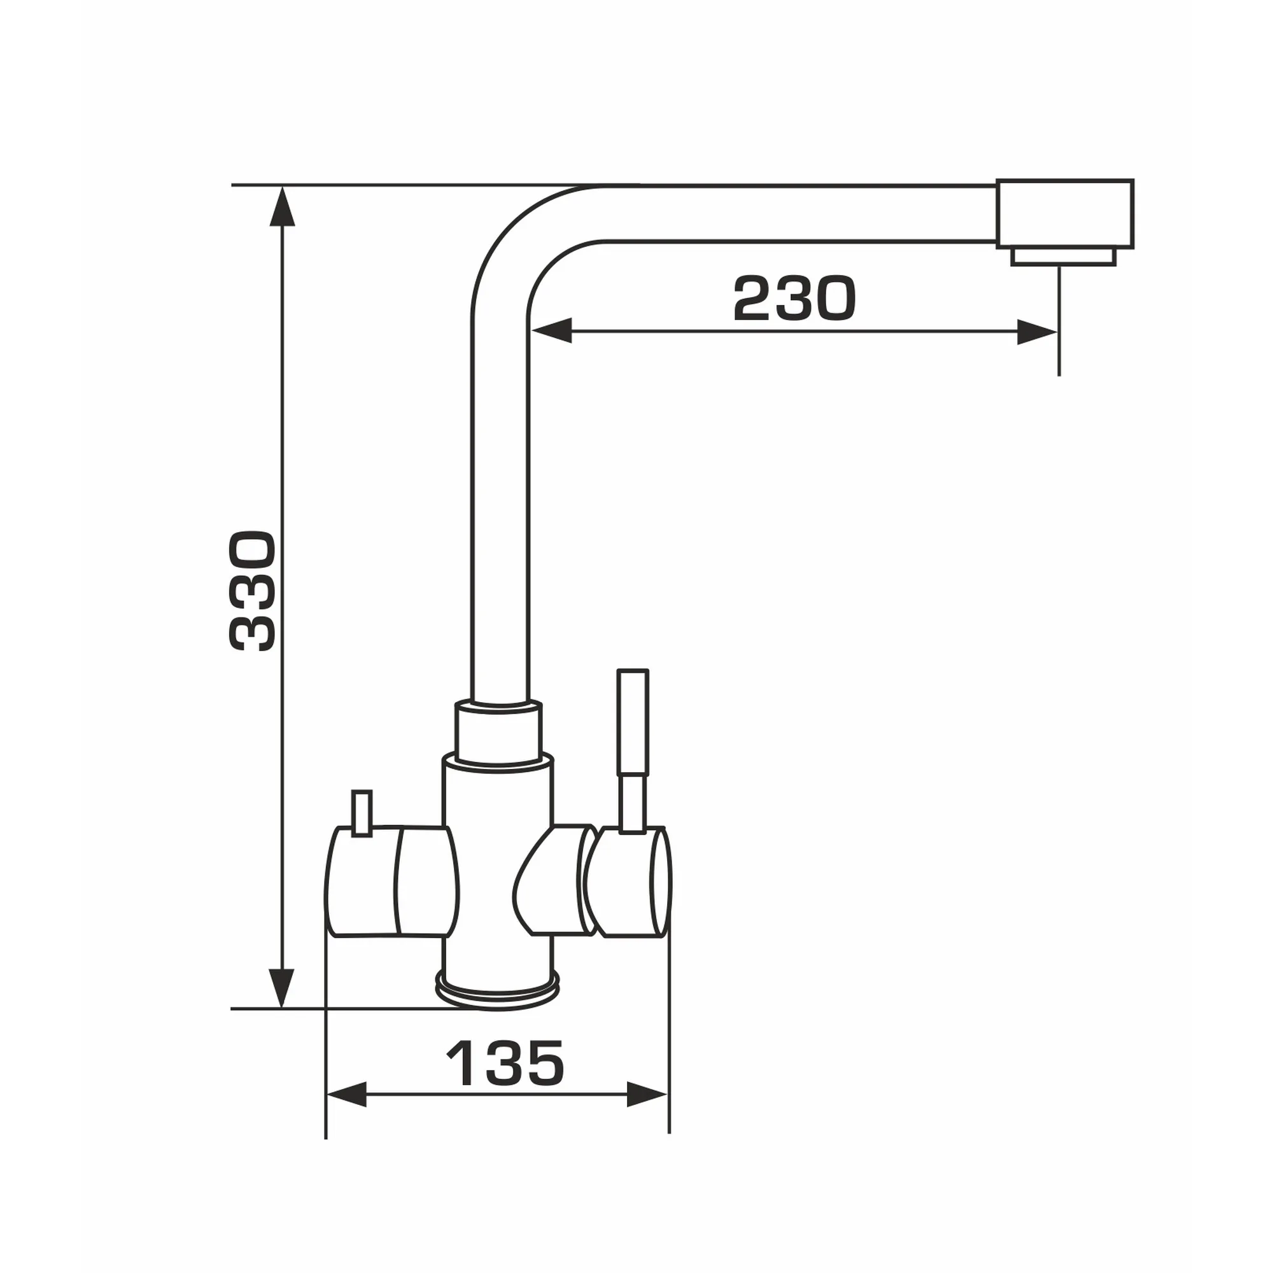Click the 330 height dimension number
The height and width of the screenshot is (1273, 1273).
coord(251,591)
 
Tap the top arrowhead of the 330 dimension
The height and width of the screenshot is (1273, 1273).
coord(283,206)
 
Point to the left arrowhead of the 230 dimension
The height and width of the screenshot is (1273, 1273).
coord(550,332)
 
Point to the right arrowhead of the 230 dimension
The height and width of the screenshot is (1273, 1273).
coord(1037,332)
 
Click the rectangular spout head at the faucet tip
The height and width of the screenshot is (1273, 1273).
coord(1065,213)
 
